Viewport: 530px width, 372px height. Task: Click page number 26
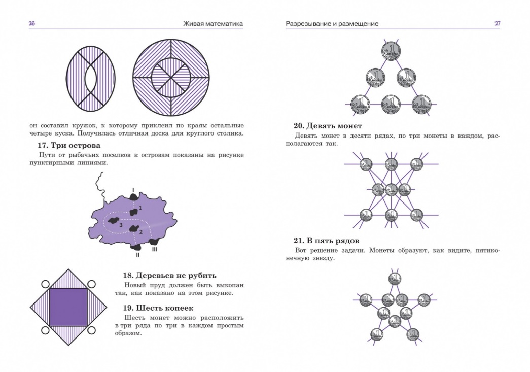[x=31, y=24]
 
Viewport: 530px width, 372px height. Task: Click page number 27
[x=497, y=24]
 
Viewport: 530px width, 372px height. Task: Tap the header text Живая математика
[x=213, y=24]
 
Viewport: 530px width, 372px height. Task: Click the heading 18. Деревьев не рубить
[x=170, y=275]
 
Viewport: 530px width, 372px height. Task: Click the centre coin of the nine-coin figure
[x=391, y=190]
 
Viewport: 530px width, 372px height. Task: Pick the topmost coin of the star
[x=395, y=278]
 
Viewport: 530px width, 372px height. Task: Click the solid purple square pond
[x=68, y=307]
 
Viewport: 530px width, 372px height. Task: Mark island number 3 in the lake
[x=118, y=222]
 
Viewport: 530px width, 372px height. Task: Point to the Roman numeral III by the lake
[x=155, y=249]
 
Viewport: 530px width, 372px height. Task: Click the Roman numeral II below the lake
[x=137, y=255]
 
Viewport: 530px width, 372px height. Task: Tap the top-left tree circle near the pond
[x=45, y=284]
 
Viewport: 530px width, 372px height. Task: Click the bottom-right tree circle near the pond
[x=92, y=330]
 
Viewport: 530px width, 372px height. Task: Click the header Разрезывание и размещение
[x=332, y=24]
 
